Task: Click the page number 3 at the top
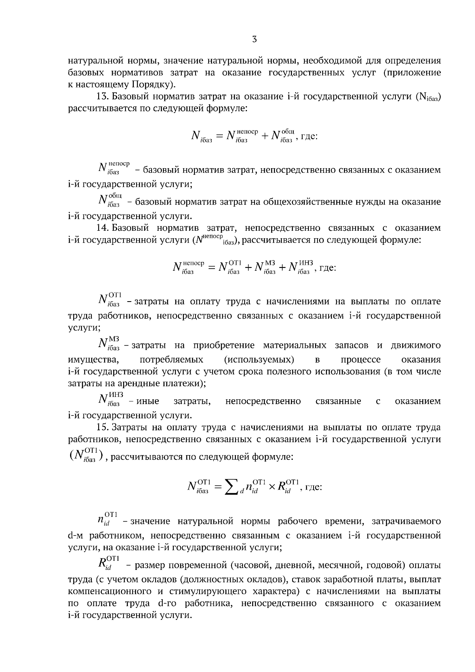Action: click(255, 39)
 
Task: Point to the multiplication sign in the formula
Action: click(272, 487)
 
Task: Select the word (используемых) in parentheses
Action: click(259, 359)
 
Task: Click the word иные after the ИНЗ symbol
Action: click(148, 401)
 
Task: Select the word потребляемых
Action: click(171, 359)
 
